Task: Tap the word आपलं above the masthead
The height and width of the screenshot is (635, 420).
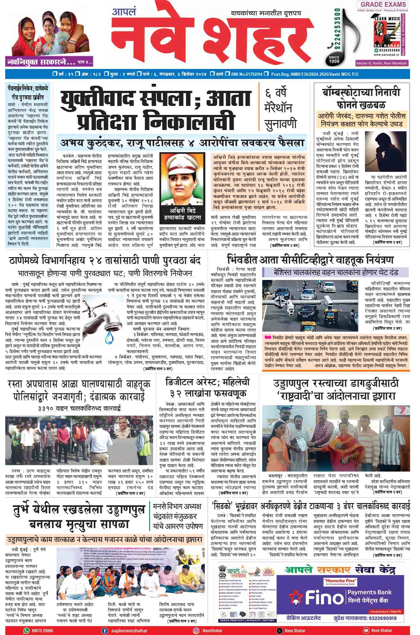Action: (124, 12)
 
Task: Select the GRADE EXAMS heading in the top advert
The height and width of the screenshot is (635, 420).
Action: (383, 4)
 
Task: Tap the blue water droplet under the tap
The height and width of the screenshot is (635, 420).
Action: (110, 335)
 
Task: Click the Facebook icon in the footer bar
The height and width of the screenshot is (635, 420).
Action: (105, 631)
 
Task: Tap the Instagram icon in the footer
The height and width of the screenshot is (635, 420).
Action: (196, 631)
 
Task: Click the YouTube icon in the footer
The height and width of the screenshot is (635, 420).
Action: (365, 631)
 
